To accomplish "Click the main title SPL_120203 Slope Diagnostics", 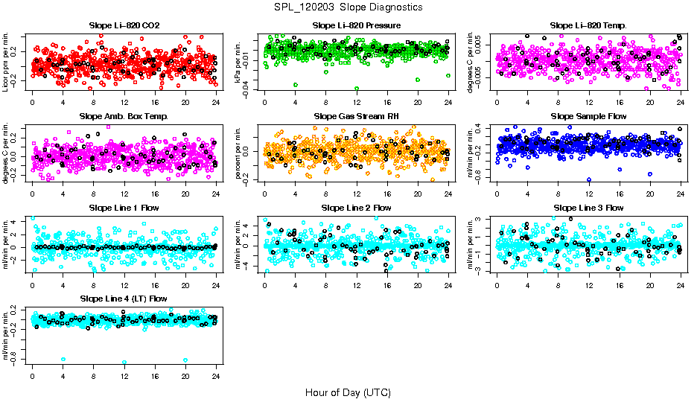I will point(348,7).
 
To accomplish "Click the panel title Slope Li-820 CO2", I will point(124,26).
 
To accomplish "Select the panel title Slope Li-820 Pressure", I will point(357,26).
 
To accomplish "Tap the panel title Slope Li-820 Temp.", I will point(588,26).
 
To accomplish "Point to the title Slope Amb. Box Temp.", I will point(124,117).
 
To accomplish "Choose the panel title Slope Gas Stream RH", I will point(357,117).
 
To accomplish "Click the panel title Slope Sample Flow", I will point(588,117).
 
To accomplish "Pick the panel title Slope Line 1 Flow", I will point(124,208).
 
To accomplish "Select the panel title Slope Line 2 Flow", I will point(357,208).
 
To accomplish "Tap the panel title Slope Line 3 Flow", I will point(588,208).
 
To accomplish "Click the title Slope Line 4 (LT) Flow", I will point(124,299).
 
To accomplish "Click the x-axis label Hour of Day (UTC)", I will point(348,392).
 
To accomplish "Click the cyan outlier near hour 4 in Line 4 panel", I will point(63,360).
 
